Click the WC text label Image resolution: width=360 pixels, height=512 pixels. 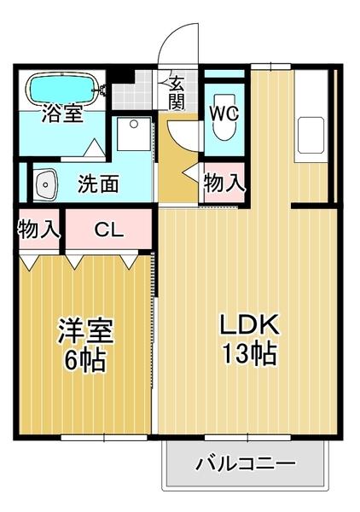pos(224,111)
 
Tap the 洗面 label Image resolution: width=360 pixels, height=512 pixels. pos(99,183)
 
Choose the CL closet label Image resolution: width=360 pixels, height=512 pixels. pos(107,229)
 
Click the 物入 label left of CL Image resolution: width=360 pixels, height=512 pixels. pos(39,229)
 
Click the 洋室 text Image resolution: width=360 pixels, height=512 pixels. pos(85,329)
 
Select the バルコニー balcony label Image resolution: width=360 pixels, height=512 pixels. pos(246,464)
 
